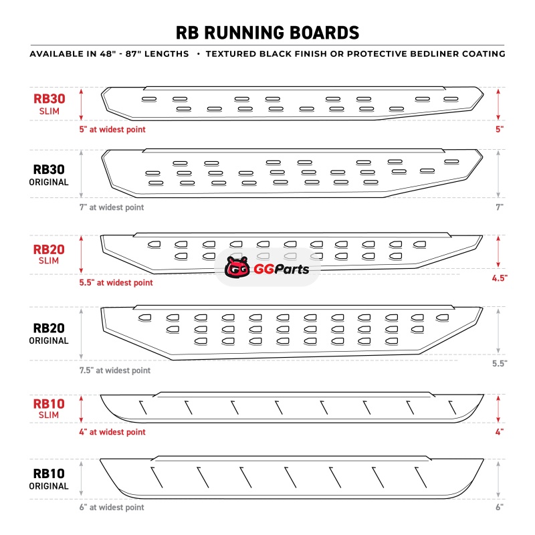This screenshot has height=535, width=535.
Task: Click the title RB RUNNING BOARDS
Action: click(x=267, y=33)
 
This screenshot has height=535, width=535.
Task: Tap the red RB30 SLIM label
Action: click(x=49, y=104)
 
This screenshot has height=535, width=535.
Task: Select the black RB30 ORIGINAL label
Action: click(x=49, y=176)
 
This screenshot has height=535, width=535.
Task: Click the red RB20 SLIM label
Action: click(x=49, y=255)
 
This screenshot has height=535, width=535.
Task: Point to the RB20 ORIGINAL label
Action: click(x=49, y=334)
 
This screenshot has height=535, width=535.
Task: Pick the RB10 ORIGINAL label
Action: click(x=49, y=479)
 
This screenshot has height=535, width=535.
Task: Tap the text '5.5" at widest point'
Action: click(x=116, y=283)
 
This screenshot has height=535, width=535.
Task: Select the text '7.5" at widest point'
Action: click(x=114, y=370)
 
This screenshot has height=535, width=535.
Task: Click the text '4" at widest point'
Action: click(x=112, y=432)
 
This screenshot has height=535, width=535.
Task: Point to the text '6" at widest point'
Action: click(x=111, y=508)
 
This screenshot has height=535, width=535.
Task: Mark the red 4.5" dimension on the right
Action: click(x=498, y=278)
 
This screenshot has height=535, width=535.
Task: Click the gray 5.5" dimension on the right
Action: click(x=498, y=363)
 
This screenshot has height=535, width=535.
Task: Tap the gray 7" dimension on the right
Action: click(x=500, y=207)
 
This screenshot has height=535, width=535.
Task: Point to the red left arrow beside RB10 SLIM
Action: click(x=82, y=409)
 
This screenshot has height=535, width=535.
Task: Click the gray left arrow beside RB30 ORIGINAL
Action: click(x=82, y=175)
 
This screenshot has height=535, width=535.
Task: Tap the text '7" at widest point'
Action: click(x=111, y=207)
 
